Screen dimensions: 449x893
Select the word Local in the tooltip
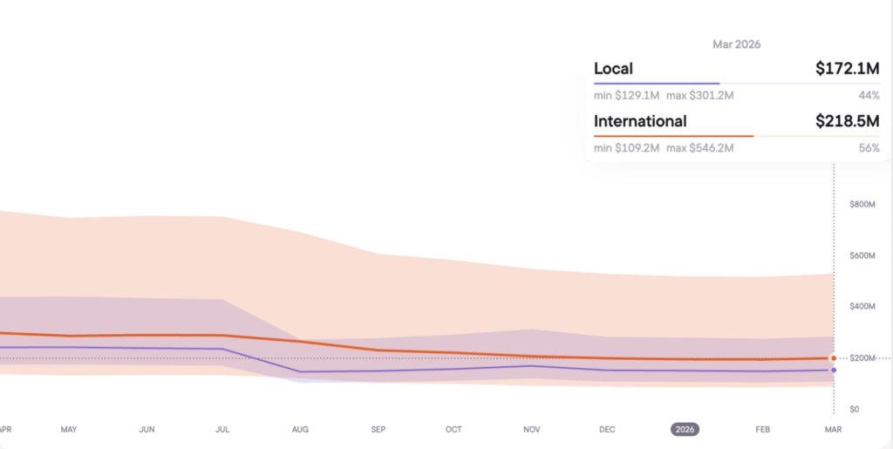613,68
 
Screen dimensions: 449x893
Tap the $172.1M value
847,68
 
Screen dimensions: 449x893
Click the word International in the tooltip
640,121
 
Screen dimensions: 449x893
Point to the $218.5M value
847,121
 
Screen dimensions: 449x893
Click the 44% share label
869,94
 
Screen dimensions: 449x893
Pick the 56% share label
869,148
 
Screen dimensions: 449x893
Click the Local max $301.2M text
700,94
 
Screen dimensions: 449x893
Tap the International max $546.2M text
700,148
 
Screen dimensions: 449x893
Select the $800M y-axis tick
862,204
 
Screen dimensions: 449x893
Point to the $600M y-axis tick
862,255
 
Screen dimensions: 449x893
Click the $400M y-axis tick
862,307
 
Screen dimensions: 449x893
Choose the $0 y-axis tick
855,409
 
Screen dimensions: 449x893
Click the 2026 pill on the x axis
685,430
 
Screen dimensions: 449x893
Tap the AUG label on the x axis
300,430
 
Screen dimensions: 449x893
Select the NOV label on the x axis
532,430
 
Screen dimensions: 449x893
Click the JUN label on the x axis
147,430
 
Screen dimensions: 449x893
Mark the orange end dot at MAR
834,358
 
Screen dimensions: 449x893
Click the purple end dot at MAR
834,370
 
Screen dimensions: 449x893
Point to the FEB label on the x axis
763,430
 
